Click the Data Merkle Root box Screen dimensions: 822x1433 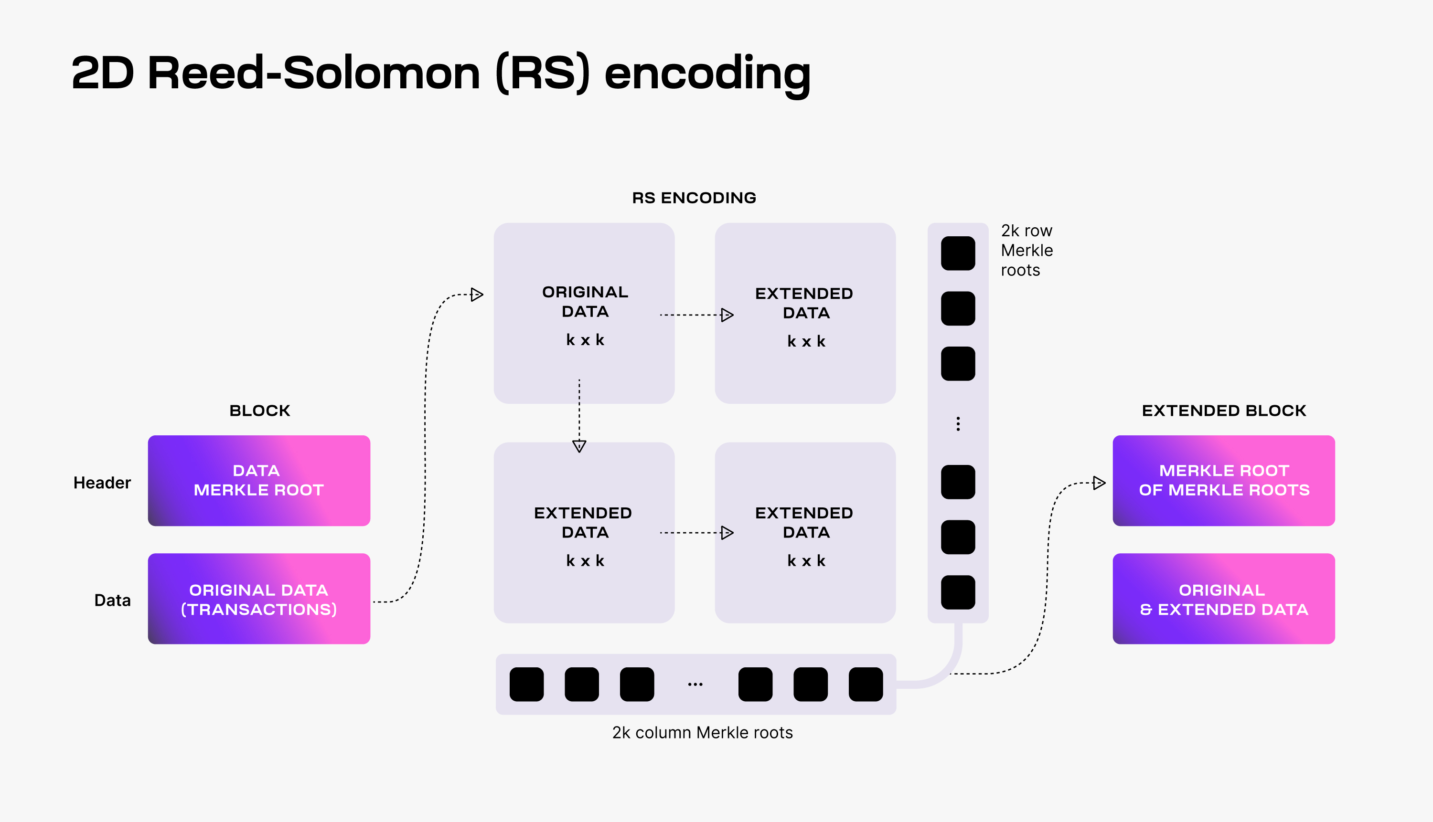pos(259,480)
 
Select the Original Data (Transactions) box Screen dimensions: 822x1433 pos(259,599)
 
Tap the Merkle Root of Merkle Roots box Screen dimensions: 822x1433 pos(1223,480)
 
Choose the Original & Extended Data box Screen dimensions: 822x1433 pos(1223,599)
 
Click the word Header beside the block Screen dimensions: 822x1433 pos(102,483)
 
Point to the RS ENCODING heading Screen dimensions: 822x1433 pos(694,198)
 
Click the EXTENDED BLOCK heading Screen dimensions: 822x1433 pos(1223,411)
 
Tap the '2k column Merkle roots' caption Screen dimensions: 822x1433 pos(702,732)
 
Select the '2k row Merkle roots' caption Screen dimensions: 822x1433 pos(1027,250)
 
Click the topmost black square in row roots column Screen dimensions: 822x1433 pos(958,253)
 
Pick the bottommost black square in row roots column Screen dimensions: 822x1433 pos(958,592)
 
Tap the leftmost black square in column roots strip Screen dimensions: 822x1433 pos(526,684)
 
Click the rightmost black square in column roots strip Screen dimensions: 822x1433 pos(866,684)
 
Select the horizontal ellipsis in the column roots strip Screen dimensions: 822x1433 pos(695,684)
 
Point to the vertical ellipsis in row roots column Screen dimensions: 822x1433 pos(958,424)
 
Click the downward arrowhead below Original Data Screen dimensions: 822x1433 pos(579,446)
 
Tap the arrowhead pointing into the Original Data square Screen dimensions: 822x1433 pos(477,295)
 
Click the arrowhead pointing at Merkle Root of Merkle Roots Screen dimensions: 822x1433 pos(1099,483)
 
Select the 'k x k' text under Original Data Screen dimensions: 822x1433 pos(585,340)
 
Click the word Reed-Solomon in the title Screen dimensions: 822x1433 pos(313,74)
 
